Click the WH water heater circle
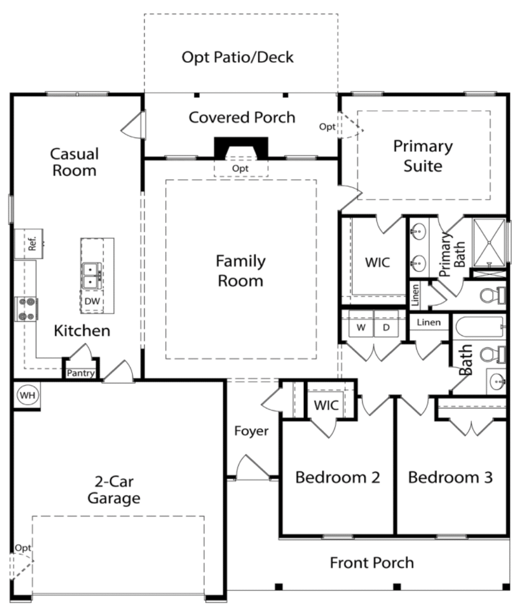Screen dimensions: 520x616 point(27,395)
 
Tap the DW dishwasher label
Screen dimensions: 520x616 point(92,301)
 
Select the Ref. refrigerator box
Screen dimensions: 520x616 point(29,244)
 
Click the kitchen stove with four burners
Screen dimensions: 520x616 point(26,309)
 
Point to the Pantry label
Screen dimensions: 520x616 point(81,373)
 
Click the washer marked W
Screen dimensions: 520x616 point(361,327)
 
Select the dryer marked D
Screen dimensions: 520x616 point(386,327)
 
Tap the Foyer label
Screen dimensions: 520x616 point(251,431)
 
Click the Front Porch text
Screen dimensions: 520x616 point(372,562)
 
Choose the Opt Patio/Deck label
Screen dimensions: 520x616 point(238,57)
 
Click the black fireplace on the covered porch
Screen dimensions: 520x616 point(241,148)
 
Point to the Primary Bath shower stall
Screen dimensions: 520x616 point(489,243)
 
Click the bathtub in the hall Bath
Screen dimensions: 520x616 point(480,327)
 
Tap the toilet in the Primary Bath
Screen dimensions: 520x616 point(493,295)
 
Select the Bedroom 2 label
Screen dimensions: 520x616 point(338,477)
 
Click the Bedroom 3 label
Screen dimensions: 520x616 point(451,477)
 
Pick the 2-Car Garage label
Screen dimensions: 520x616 point(114,489)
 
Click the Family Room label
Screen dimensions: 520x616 point(240,271)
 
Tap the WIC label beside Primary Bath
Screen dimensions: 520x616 point(377,263)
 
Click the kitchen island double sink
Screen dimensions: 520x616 point(92,276)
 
